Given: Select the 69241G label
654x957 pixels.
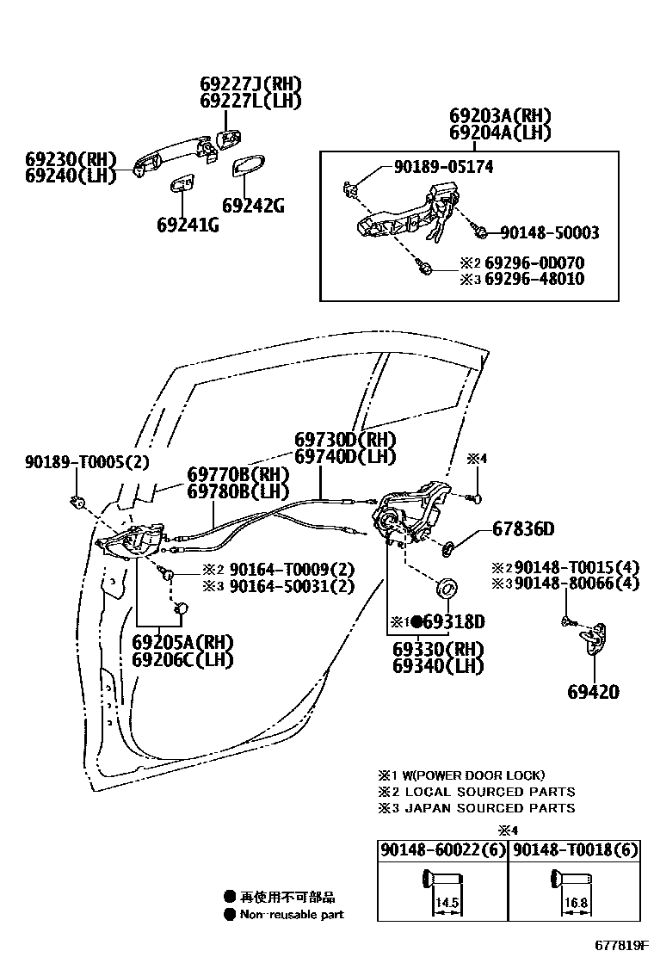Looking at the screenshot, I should [x=188, y=225].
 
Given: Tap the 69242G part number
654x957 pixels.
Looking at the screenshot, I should [x=253, y=206].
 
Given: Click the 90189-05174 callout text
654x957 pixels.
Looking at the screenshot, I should [x=432, y=167].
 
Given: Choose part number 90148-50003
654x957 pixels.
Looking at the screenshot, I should [x=549, y=232].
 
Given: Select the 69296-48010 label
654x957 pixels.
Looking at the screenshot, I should [x=534, y=279].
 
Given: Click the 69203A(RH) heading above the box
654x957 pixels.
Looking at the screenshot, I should [x=500, y=116].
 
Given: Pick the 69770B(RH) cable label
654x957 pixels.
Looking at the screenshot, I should [x=238, y=475].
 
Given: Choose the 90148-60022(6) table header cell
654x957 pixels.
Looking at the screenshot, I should [x=441, y=850].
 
